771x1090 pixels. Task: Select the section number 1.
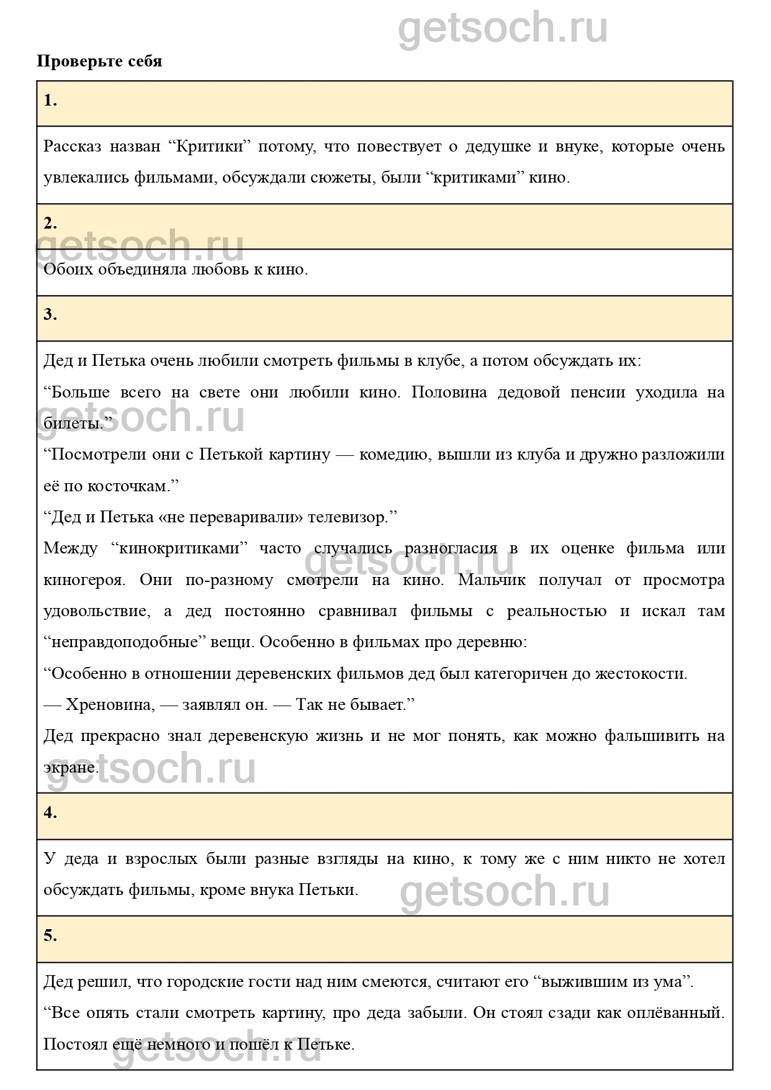point(50,101)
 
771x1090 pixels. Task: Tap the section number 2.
point(50,223)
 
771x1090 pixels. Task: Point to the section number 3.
point(50,315)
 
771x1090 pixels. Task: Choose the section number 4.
point(50,813)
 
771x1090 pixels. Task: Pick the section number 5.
point(50,936)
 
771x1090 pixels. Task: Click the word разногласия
point(451,548)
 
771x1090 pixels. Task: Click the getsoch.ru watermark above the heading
point(503,28)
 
